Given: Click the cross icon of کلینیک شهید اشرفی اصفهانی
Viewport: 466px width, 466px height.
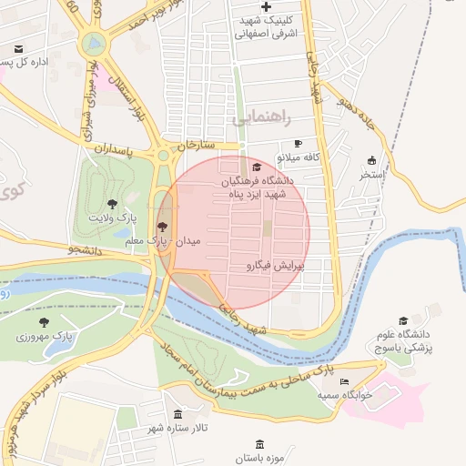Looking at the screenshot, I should click(x=266, y=7).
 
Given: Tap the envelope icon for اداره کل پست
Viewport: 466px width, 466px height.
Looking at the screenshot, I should click(x=19, y=49).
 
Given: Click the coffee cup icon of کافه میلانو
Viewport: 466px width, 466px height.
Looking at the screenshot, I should click(x=297, y=144).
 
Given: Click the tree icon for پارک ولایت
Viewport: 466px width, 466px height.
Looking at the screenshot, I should click(x=113, y=204).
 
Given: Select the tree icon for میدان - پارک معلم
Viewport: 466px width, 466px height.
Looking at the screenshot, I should click(x=163, y=227).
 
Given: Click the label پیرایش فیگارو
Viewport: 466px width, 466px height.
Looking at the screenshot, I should click(x=274, y=267).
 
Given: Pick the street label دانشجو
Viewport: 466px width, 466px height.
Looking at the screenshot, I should click(x=86, y=247).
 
